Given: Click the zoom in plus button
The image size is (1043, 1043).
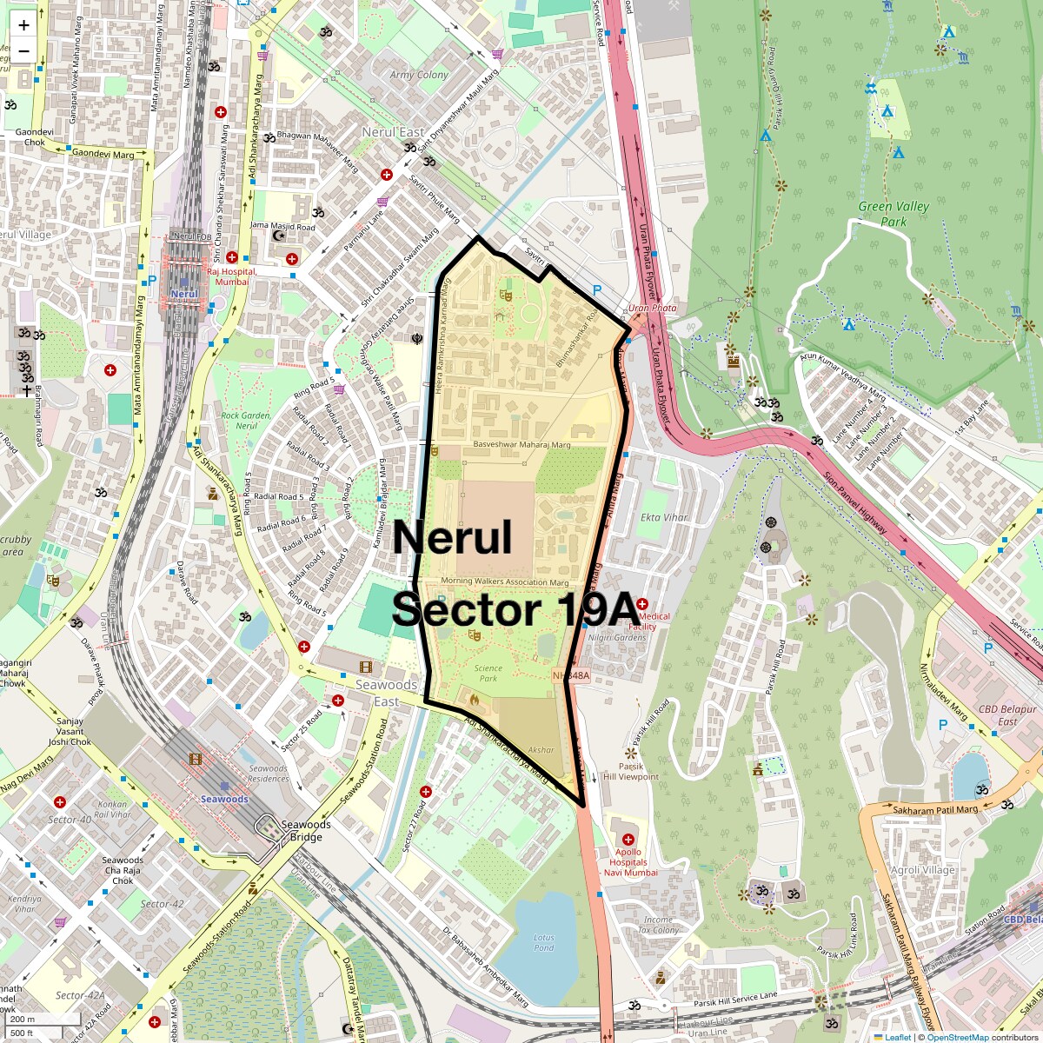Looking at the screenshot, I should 23,25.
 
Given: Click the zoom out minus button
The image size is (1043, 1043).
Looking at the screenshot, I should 23,50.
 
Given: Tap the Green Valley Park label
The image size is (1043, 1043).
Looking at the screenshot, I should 894,214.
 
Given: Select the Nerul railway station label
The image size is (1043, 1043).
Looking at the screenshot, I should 184,294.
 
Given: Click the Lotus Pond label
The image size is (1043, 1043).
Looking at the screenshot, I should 544,942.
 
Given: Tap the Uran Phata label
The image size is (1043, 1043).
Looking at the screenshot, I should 652,308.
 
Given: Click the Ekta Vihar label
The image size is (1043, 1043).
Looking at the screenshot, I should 664,517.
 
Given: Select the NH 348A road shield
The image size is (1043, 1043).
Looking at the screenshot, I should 571,675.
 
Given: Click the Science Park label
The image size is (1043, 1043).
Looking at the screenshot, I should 488,674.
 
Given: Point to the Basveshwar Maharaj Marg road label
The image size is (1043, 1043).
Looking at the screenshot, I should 521,445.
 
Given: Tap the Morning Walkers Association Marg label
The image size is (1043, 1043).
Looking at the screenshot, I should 505,582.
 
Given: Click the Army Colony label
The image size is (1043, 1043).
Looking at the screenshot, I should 419,76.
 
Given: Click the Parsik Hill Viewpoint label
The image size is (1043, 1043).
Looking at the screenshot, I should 631,772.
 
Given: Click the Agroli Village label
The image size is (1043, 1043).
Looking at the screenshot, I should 923,870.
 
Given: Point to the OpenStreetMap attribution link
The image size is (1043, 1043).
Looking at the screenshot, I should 957,1037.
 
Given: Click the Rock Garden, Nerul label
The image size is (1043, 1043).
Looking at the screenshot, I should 246,421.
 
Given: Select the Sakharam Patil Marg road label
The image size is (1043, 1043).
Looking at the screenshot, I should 935,810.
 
